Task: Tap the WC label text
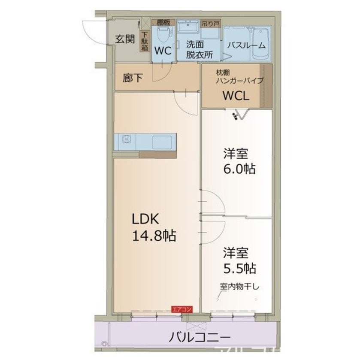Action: [163, 51]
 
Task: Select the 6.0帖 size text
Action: [239, 169]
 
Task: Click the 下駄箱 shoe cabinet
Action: [145, 42]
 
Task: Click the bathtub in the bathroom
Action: [260, 44]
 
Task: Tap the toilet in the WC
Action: [163, 34]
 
